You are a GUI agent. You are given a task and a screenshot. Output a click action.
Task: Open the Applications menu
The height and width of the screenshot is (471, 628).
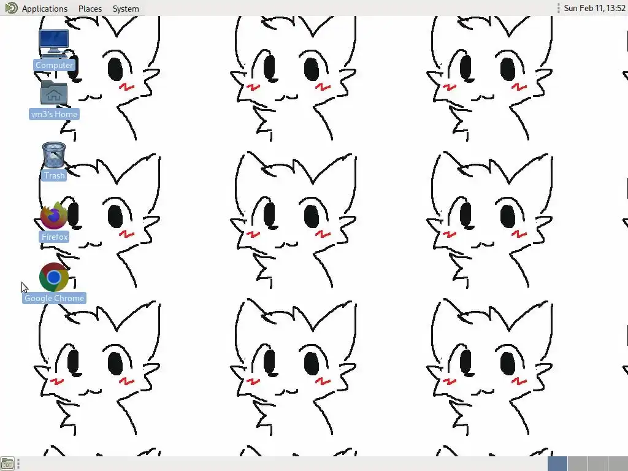[44, 9]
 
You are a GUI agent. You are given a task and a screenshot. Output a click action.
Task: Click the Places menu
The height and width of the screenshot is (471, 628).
[90, 9]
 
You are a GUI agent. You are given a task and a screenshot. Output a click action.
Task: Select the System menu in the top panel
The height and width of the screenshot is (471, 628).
[126, 9]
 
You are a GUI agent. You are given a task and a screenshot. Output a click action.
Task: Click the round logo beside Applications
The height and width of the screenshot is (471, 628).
[11, 8]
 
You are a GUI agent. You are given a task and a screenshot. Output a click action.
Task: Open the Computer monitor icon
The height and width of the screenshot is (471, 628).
[54, 44]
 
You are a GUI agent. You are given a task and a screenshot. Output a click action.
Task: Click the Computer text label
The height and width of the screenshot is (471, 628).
[55, 65]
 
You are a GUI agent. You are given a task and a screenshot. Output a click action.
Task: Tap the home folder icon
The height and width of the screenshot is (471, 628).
[54, 93]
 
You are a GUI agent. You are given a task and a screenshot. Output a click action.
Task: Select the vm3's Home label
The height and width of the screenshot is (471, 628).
[54, 114]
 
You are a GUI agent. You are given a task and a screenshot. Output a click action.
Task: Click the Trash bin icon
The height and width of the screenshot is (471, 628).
[54, 155]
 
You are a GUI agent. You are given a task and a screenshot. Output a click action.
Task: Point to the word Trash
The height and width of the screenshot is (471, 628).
[55, 175]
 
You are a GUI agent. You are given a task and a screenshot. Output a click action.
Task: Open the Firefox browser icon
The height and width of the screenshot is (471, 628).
[54, 215]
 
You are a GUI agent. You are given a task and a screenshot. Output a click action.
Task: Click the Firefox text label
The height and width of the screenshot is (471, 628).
[55, 237]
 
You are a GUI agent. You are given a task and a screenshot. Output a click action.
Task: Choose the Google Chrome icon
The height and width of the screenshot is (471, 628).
[54, 277]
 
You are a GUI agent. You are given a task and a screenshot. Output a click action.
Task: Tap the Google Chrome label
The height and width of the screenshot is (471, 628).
[55, 298]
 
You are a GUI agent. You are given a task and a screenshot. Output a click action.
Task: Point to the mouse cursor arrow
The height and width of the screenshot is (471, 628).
[25, 287]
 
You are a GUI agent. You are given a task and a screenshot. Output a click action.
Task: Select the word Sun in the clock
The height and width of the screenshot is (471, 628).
[571, 8]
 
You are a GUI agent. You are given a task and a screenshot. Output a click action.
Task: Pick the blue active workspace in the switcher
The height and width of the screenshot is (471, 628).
[557, 464]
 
